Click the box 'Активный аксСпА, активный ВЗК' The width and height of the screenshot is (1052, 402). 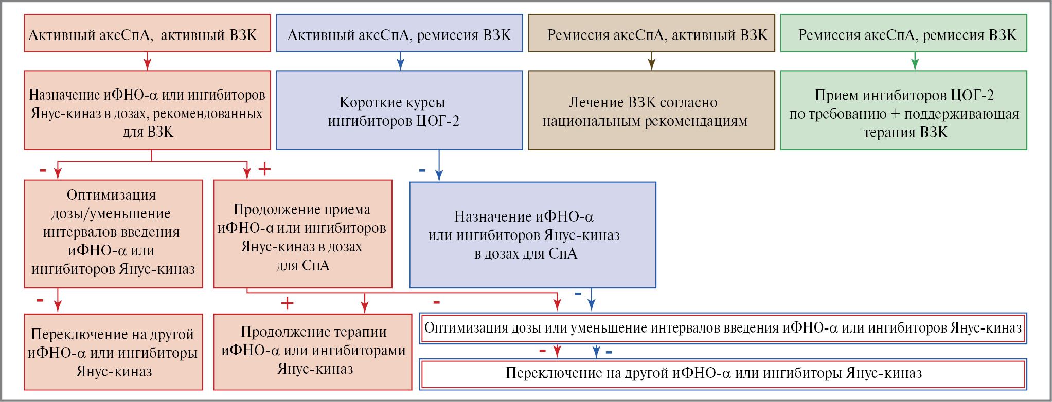(147, 33)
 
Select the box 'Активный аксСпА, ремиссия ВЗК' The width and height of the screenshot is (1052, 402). (399, 33)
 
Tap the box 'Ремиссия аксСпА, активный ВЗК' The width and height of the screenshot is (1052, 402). (651, 33)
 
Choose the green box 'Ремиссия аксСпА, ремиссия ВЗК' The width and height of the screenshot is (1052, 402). (903, 33)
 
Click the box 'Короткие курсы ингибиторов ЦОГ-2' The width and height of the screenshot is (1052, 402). (399, 111)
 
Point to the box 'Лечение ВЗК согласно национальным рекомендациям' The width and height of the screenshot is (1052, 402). (651, 111)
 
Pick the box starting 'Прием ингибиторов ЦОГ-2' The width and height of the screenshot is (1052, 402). (903, 111)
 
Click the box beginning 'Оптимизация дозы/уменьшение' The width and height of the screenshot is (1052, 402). (113, 234)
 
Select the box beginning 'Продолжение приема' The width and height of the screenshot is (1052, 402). (302, 234)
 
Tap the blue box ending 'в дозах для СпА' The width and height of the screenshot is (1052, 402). (532, 235)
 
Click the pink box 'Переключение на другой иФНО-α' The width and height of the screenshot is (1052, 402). (113, 352)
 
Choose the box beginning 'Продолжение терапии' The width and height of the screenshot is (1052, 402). (313, 352)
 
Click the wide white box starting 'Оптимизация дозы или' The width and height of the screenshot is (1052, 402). (723, 328)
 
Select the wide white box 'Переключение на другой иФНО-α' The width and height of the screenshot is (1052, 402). (723, 374)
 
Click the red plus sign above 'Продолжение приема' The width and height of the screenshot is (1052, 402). (264, 169)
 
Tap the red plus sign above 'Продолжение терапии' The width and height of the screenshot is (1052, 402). (287, 303)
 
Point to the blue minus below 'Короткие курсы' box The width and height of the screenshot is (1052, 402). (422, 170)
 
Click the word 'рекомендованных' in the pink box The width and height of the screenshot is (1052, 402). (208, 114)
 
